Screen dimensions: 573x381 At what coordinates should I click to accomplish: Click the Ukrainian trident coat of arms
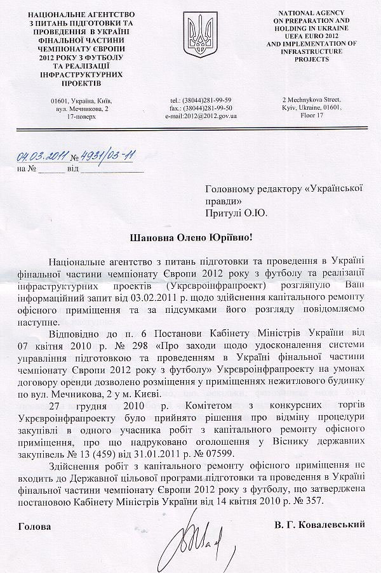(x=194, y=37)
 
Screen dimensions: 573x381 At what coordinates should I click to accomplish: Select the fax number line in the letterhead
(x=201, y=109)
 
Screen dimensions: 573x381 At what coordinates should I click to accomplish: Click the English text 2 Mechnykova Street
(x=312, y=100)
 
